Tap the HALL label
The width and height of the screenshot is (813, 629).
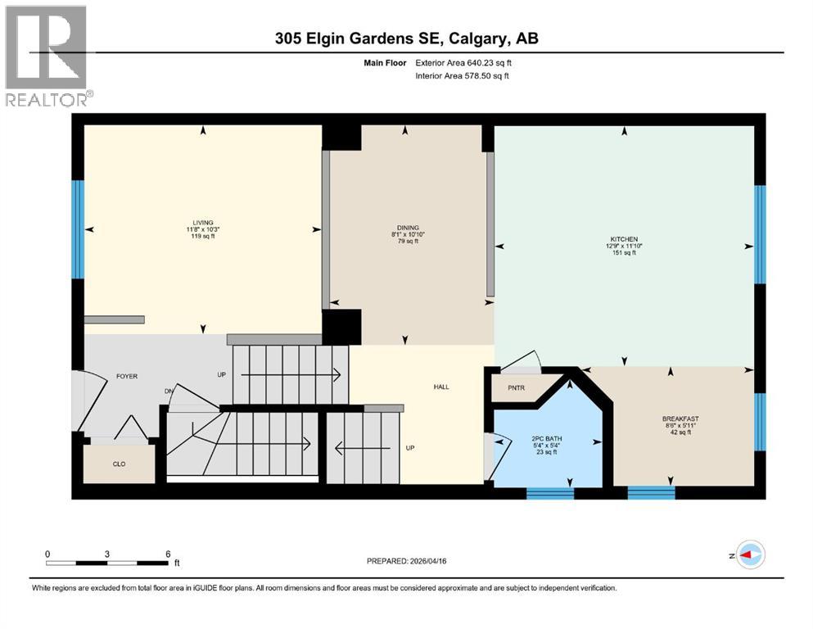[441, 387]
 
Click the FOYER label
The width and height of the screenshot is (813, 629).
[126, 377]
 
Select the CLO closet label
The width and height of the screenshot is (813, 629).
[119, 462]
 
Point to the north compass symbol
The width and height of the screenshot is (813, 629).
[749, 555]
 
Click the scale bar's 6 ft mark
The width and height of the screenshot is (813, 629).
[167, 554]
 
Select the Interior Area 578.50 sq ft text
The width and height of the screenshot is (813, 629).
[460, 76]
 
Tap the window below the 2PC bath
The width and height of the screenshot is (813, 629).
[549, 493]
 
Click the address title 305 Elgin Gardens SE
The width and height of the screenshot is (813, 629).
[406, 38]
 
